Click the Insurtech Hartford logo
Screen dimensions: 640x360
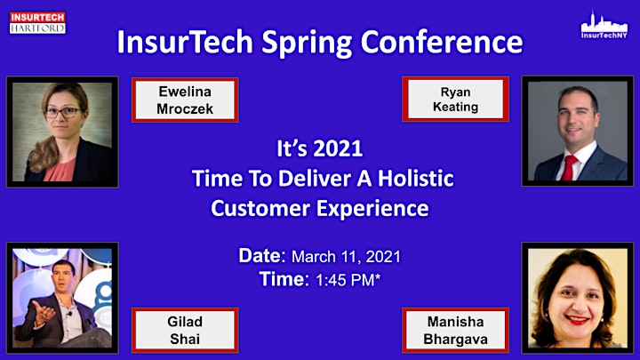coord(37,22)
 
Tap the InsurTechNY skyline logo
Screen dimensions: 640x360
coord(604,25)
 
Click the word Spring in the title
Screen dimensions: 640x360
coord(307,43)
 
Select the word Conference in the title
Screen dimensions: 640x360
coord(442,42)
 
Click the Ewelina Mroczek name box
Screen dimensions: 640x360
coord(185,100)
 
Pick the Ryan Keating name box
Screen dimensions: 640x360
coord(455,100)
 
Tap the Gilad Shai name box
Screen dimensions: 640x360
coord(185,330)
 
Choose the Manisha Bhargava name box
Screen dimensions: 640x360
coord(455,330)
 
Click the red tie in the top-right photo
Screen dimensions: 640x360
coord(569,168)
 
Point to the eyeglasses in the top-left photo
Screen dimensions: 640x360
coord(62,112)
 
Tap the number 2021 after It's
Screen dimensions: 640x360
coord(337,148)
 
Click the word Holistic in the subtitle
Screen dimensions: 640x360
coord(415,179)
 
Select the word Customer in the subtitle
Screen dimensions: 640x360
coord(260,208)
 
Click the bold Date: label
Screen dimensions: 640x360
coord(262,256)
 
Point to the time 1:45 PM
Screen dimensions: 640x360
coord(348,280)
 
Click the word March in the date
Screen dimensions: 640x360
coord(314,257)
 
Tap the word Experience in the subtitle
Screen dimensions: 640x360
coord(373,209)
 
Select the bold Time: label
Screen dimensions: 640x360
coord(284,279)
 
